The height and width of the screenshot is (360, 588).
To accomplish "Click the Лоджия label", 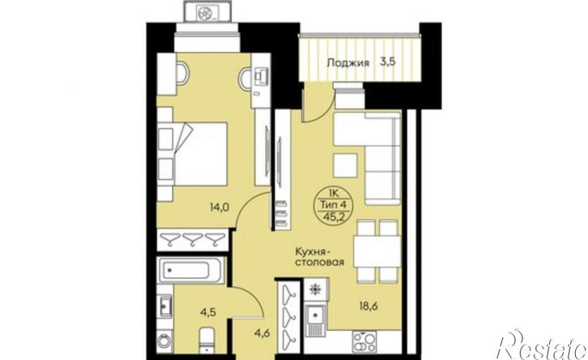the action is point(348,62).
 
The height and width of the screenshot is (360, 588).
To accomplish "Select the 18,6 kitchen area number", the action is point(367,306).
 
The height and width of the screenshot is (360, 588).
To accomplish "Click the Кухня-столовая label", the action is point(320,256).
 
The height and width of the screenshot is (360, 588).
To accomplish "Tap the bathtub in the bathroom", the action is point(191,270).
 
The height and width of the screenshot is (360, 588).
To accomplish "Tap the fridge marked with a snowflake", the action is point(316,289).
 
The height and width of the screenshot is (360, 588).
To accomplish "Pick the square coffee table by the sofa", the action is point(345,165).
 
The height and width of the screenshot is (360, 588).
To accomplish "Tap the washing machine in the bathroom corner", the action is point(165,341).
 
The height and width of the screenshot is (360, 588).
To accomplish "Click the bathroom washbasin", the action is point(165,306).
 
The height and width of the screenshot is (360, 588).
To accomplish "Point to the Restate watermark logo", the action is point(543,345).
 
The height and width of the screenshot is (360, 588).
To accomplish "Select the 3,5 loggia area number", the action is point(388,62).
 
